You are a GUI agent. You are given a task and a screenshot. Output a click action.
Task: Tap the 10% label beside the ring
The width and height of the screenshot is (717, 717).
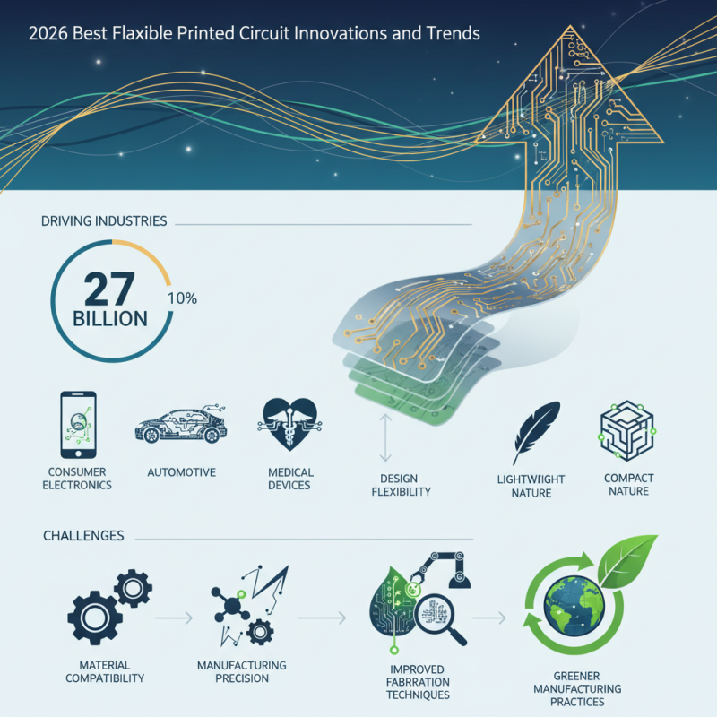click(x=183, y=298)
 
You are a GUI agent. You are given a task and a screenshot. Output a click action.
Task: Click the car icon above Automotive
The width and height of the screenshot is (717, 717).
click(x=179, y=427)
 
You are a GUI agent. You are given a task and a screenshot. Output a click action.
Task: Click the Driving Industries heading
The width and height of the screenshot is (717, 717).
click(x=103, y=220)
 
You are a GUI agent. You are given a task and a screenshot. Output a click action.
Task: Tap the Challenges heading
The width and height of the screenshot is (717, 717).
click(x=83, y=536)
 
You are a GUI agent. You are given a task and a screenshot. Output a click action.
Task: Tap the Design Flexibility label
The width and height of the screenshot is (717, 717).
click(x=401, y=484)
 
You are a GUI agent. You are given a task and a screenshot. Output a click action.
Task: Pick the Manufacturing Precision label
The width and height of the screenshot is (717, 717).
click(x=241, y=672)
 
